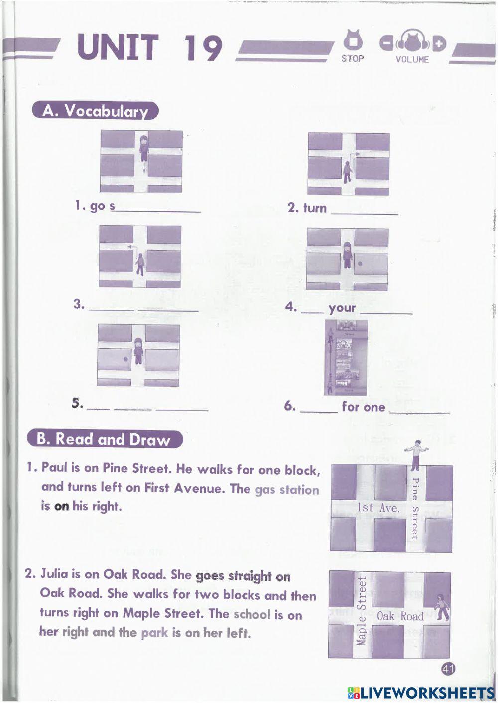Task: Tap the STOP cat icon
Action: point(353,42)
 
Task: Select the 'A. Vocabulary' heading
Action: point(95,110)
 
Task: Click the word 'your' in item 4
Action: point(342,308)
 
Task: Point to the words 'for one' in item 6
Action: point(364,407)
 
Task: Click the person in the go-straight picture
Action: point(143,148)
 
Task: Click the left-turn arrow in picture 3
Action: point(131,247)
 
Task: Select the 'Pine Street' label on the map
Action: point(414,508)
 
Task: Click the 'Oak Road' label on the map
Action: point(400,616)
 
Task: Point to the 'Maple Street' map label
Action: point(362,610)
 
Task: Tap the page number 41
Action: point(448,669)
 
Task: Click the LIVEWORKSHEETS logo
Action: point(421,692)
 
